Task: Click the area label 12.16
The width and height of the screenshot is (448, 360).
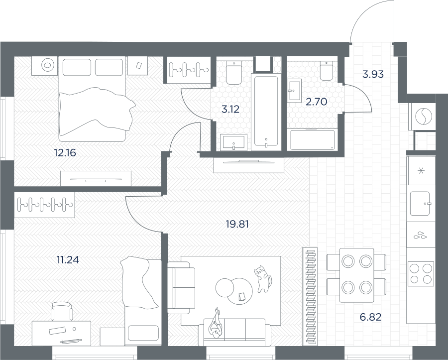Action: [65, 153]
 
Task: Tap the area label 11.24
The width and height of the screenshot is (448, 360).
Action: [68, 260]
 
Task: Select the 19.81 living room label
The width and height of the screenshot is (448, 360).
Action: [237, 224]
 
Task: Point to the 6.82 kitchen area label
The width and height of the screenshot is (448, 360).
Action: [370, 317]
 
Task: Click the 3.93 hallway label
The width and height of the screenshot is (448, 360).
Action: [373, 74]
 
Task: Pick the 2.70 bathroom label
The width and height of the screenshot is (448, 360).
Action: [316, 102]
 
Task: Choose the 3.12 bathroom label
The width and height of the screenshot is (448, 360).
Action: [230, 109]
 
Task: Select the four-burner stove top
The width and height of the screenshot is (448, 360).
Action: [421, 273]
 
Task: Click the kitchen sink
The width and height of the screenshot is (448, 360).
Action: [420, 204]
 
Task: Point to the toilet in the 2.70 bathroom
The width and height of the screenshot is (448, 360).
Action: [326, 71]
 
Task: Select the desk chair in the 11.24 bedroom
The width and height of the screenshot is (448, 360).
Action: [62, 311]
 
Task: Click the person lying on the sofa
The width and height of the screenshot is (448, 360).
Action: [216, 323]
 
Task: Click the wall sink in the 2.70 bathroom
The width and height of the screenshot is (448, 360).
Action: [294, 90]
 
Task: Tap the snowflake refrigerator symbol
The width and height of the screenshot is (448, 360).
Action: [421, 171]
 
